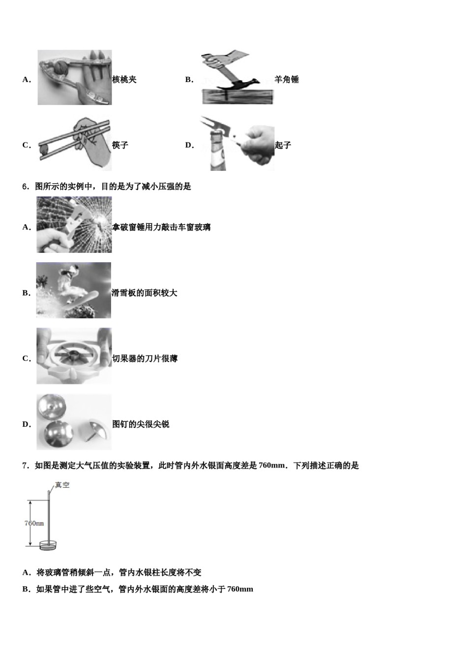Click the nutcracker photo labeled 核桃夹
75,78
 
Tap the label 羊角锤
287,80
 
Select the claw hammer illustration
237,79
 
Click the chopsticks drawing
75,144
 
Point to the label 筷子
120,145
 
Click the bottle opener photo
237,143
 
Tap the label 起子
283,145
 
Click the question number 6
26,187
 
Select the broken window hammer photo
74,225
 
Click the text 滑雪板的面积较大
145,293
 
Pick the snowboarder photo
74,290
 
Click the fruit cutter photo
74,356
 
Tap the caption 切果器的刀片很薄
145,359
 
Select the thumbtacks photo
74,422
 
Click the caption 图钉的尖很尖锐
141,424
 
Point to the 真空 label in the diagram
62,485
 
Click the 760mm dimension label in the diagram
34,523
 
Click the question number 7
26,466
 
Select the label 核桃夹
124,80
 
